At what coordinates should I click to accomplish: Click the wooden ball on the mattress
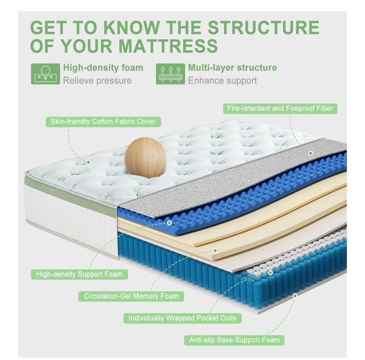[x=146, y=158]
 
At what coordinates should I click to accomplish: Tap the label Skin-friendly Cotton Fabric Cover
[x=103, y=122]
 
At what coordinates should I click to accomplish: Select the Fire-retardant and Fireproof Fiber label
[x=280, y=108]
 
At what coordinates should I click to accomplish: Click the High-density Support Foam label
[x=79, y=274]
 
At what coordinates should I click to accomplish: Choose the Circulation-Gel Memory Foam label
[x=131, y=296]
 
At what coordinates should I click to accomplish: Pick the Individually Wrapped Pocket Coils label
[x=182, y=318]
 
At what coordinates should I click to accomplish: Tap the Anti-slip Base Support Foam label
[x=234, y=340]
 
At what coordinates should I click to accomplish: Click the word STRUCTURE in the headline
[x=263, y=28]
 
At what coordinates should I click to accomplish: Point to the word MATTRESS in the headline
[x=168, y=46]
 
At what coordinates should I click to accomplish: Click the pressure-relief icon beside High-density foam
[x=45, y=74]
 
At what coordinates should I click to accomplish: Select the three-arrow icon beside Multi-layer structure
[x=170, y=74]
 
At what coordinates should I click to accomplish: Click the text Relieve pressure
[x=97, y=81]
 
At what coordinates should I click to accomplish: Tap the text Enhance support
[x=222, y=81]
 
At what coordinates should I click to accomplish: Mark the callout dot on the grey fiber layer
[x=310, y=153]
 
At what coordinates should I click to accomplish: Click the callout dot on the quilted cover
[x=88, y=162]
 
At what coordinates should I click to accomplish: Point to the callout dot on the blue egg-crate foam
[x=169, y=223]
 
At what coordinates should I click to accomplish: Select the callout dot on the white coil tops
[x=270, y=273]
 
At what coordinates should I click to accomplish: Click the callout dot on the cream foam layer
[x=215, y=250]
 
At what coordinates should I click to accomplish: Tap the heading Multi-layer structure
[x=232, y=68]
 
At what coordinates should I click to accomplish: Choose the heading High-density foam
[x=103, y=68]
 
